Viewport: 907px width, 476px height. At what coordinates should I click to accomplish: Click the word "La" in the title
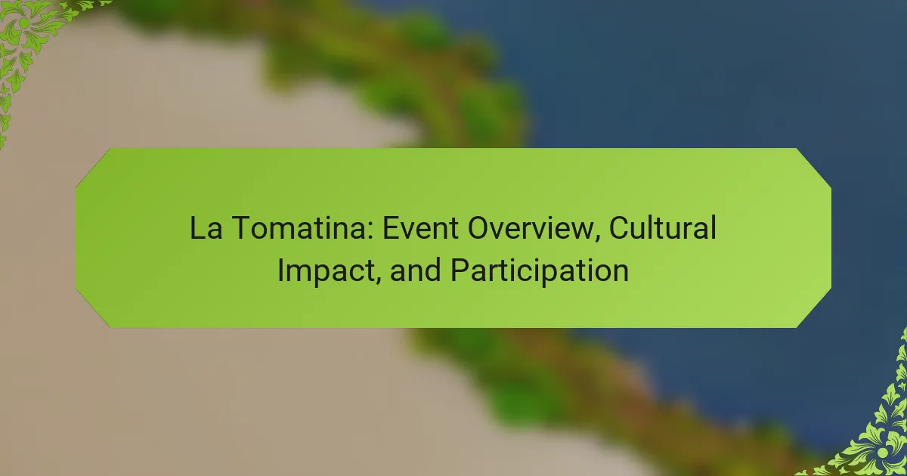coord(206,228)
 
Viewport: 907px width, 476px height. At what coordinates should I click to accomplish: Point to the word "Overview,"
coord(534,229)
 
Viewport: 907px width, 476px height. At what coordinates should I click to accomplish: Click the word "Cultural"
coord(663,228)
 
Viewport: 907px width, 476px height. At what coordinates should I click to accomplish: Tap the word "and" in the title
coord(416,270)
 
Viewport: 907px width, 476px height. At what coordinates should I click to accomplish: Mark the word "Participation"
coord(540,272)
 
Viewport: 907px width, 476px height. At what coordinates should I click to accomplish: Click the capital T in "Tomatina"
coord(240,228)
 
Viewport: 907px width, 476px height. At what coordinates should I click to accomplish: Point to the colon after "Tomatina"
coord(370,231)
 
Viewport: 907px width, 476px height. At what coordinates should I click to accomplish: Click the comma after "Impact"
coord(377,280)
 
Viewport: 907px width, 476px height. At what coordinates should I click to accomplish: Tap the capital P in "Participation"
coord(460,270)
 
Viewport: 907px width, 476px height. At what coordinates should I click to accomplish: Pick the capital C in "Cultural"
coord(619,228)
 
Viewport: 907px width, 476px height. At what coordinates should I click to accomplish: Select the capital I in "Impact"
coord(280,270)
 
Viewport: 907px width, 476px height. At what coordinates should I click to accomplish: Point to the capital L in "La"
coord(197,228)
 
